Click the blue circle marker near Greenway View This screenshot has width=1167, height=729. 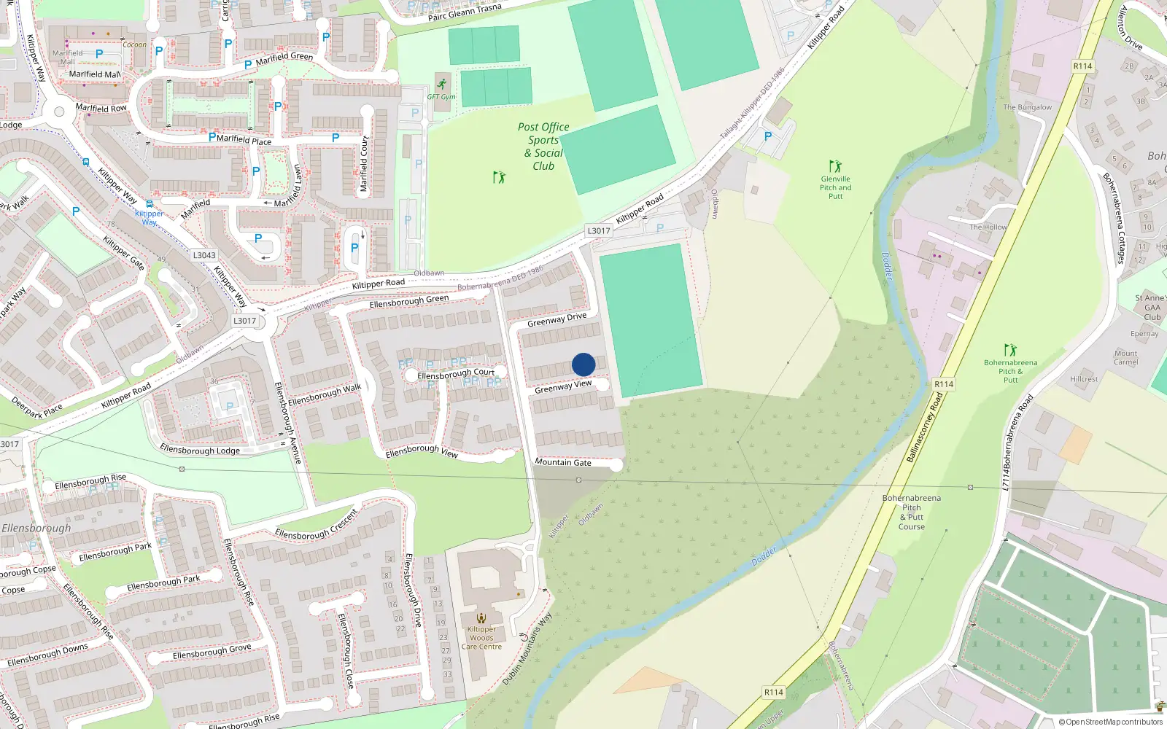coord(583,364)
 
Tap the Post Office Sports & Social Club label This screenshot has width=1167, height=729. coord(543,146)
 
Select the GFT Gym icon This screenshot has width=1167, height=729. coord(442,84)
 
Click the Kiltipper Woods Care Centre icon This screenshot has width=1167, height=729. coord(481,618)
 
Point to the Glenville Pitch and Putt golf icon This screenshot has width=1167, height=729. coord(835,166)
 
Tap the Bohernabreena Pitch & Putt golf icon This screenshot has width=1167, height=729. coord(1010,350)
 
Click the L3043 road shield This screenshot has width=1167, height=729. coord(204,255)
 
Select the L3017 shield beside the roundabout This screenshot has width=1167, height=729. coord(245,321)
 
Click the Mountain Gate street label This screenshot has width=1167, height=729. coord(563,462)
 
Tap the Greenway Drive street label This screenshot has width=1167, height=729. coord(557,319)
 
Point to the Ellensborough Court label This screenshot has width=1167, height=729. coord(456,374)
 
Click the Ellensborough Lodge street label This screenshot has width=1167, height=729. coord(200,450)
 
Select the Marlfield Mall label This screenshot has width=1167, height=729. coord(95,74)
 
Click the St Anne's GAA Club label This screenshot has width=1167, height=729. coord(1151,307)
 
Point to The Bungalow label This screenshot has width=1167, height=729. coord(1027,107)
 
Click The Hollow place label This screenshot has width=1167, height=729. coord(988,227)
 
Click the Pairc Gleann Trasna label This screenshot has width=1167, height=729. coord(465,12)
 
